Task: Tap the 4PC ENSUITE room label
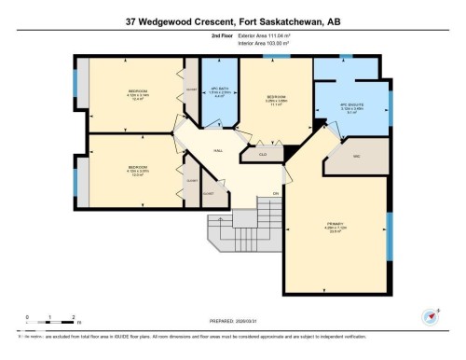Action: [345, 107]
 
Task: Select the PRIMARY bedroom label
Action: [335, 225]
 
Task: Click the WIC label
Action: [356, 156]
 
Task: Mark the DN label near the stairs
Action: [275, 193]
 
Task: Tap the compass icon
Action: [430, 315]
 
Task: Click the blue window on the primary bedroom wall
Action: [388, 232]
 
